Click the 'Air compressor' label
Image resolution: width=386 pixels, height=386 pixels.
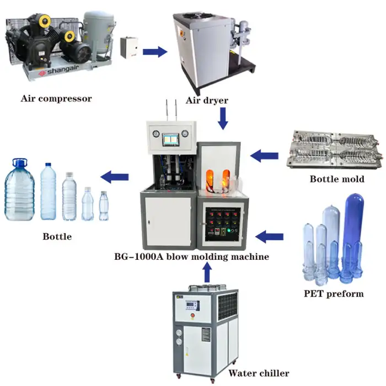(56, 99)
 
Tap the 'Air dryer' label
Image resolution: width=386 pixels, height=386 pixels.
(207, 100)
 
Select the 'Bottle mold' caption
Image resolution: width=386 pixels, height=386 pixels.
(337, 179)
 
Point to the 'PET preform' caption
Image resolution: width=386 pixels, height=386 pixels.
(334, 293)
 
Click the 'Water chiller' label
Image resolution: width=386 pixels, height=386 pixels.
(259, 373)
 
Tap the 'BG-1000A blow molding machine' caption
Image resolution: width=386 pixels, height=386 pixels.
(191, 256)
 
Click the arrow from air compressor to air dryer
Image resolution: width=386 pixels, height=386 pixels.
(155, 52)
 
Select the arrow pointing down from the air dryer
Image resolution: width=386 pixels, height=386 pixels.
(223, 119)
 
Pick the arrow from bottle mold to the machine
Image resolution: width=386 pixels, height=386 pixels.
(264, 156)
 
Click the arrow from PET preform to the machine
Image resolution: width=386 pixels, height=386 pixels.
(269, 237)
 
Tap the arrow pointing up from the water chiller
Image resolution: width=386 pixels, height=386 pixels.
(207, 272)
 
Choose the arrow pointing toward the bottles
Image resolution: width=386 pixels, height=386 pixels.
(115, 177)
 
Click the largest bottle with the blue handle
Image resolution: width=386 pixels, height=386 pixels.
(19, 189)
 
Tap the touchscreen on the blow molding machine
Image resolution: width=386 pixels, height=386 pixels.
(170, 140)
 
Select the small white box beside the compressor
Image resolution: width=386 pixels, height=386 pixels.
(129, 47)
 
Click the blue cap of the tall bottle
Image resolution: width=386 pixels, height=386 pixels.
(49, 164)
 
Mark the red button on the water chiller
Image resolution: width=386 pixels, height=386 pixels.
(193, 315)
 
